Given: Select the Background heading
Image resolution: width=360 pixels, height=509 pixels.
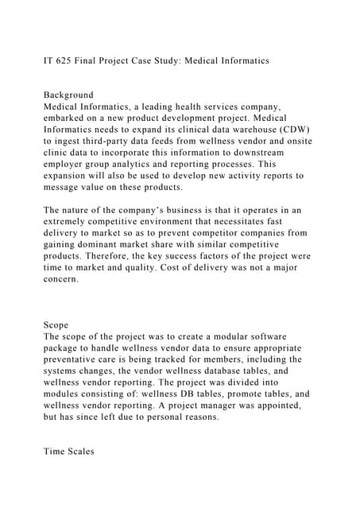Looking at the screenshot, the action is coord(68,95).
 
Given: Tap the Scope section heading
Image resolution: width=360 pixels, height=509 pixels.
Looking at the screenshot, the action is coord(58,324).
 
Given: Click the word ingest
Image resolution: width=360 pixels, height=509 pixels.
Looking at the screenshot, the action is coord(65,141).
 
